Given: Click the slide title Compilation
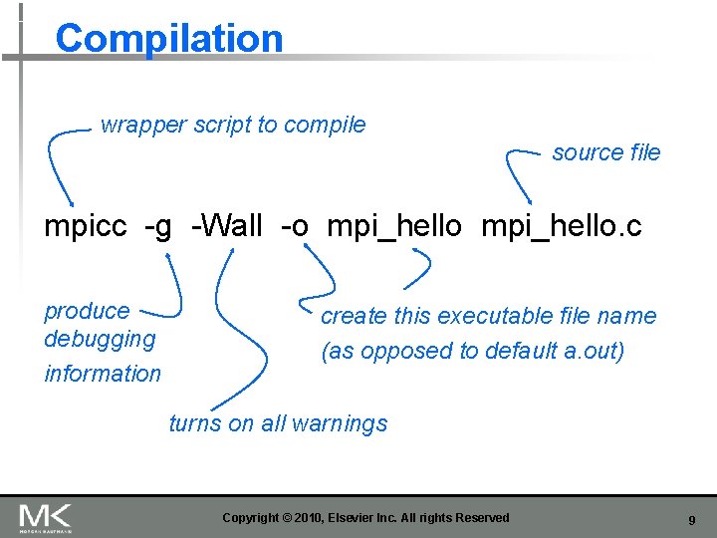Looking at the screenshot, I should coord(169,39).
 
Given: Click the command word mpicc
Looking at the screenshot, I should coord(86,227).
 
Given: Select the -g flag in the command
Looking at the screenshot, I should coord(158,227).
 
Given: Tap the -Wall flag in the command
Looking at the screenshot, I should coord(227,227).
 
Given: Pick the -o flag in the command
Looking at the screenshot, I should coord(295,227).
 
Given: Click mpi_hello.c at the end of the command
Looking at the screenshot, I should coord(562,227).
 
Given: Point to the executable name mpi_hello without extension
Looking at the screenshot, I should coord(394,227).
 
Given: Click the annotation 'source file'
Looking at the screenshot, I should coord(605,152).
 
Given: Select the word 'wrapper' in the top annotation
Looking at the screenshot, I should coord(143,126).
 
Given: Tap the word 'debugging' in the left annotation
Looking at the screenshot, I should coord(100,339).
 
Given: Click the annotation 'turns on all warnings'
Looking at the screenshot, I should coord(278,423).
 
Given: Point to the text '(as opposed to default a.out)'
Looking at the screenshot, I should coord(472,352).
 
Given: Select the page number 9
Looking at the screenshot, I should coord(691,519).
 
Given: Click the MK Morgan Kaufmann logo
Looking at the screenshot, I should coord(46,517).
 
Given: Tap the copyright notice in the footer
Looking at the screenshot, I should coord(365,518).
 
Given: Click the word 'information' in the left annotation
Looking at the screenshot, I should coord(103,374).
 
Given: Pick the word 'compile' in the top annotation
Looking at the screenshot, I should coord(325,126).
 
